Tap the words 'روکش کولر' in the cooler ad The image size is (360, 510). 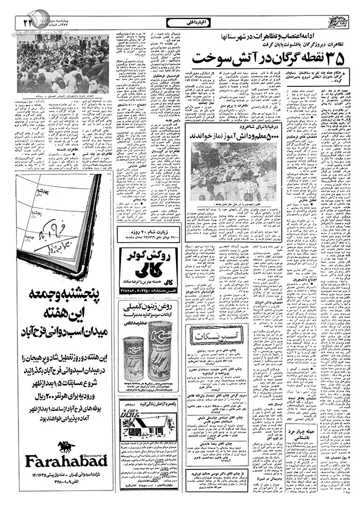(x=150, y=252)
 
